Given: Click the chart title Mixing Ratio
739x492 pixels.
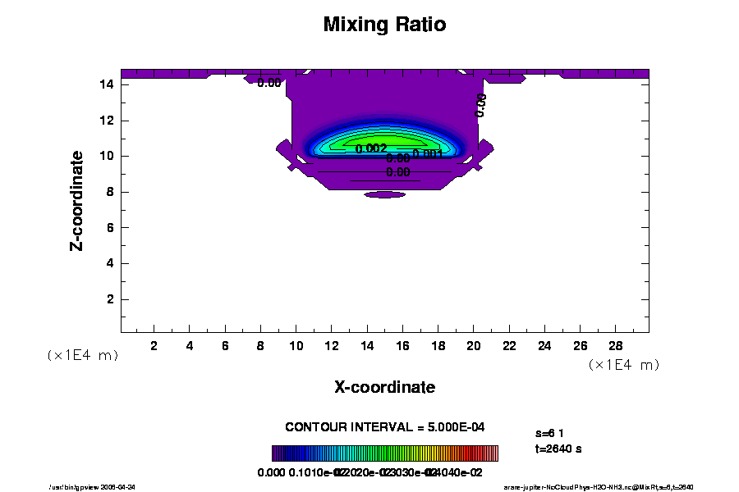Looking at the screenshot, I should click(384, 25).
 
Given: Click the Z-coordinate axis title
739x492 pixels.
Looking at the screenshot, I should click(77, 200).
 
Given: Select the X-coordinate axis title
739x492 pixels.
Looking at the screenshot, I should click(384, 386).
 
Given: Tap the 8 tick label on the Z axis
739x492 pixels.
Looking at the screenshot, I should click(110, 192).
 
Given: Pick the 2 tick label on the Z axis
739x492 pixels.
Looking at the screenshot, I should click(110, 299).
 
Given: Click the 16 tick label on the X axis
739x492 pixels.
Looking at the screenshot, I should click(402, 346).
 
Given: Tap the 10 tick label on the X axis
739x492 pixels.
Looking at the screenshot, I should click(296, 346).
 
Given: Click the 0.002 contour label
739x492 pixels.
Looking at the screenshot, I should click(371, 148).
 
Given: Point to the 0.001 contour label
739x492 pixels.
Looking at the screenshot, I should click(428, 153).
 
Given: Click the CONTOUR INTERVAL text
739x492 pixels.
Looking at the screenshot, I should click(384, 427).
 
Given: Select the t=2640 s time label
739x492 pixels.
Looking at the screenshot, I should click(558, 449).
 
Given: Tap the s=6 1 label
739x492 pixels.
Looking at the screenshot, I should click(549, 432).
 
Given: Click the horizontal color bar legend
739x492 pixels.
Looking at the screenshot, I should click(384, 453).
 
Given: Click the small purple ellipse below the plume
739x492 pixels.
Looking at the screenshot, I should click(385, 194).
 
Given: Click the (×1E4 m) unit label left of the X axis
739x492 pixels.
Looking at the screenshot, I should click(82, 355).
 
